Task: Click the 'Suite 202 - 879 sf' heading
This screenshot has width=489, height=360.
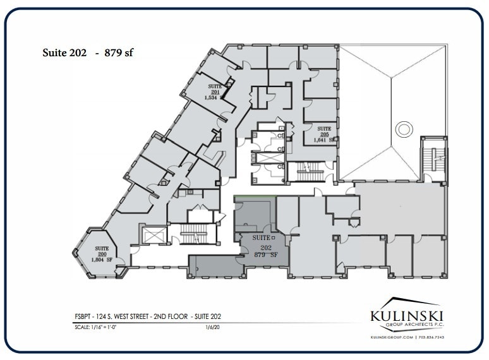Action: click(88, 54)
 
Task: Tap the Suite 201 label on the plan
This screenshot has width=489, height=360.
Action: click(215, 90)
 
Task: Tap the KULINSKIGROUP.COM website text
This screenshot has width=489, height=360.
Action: click(392, 338)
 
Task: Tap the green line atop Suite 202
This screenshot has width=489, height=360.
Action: click(255, 196)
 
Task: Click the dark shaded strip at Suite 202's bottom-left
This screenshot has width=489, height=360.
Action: click(215, 267)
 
